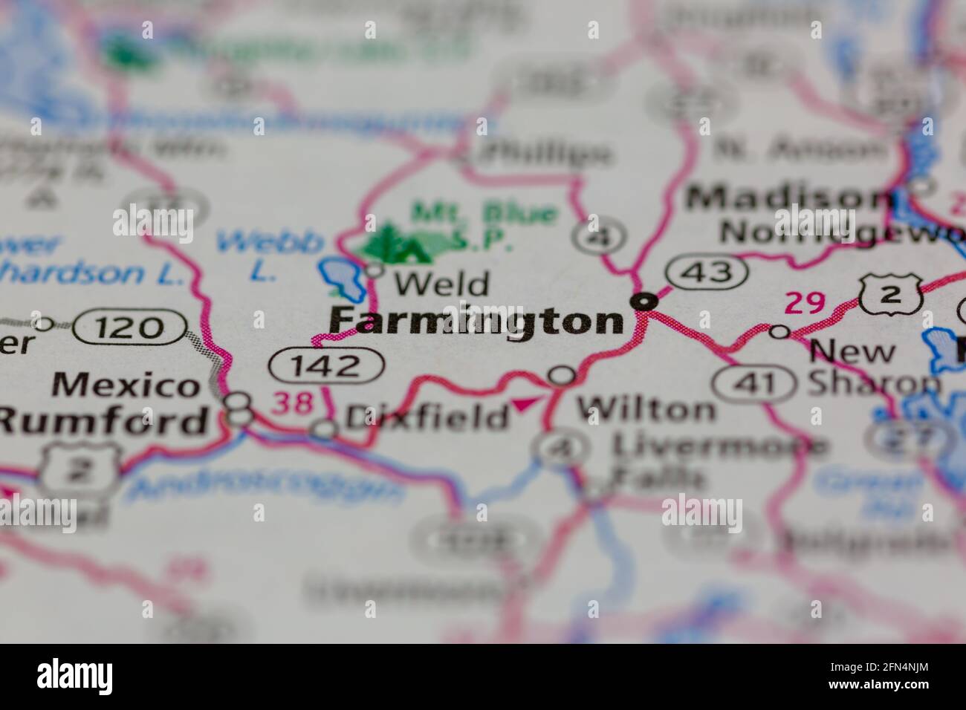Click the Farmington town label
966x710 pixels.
(x=476, y=322)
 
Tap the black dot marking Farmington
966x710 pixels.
(x=644, y=302)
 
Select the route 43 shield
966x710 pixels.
(x=707, y=273)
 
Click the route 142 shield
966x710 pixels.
(x=327, y=365)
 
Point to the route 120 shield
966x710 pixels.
(x=131, y=328)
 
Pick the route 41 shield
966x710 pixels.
(x=755, y=384)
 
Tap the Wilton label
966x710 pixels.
(x=646, y=409)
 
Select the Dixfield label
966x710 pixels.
(x=427, y=417)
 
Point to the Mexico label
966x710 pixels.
(x=126, y=385)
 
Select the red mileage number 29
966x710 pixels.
(x=805, y=304)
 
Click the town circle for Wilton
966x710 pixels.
(x=562, y=376)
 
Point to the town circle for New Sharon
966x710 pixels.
(x=779, y=331)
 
